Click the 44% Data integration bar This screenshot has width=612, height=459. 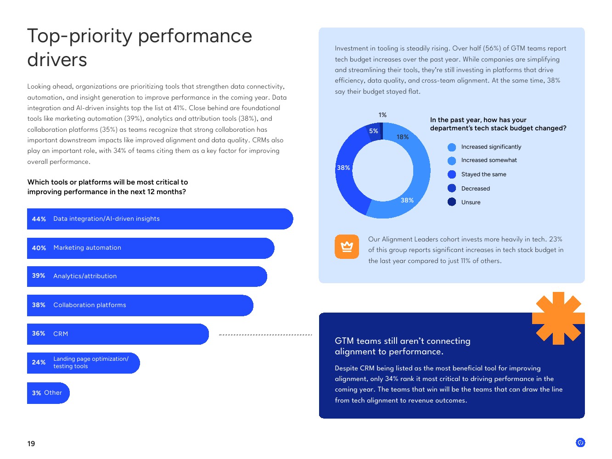click(x=160, y=219)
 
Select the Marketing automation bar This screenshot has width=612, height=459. click(x=151, y=248)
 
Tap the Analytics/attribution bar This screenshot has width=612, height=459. click(x=147, y=276)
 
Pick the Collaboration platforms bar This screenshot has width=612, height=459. click(x=140, y=305)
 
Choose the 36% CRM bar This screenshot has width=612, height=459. click(x=118, y=334)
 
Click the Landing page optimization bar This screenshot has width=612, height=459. click(x=84, y=363)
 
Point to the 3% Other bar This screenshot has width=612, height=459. click(x=48, y=393)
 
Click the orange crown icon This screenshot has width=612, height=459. click(x=347, y=246)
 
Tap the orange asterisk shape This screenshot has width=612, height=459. click(x=558, y=318)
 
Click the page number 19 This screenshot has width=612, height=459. click(x=31, y=443)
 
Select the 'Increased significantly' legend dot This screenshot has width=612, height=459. click(x=452, y=147)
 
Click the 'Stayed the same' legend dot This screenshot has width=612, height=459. click(x=452, y=174)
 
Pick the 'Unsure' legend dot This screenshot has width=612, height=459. click(x=452, y=202)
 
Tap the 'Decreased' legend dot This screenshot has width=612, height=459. click(x=452, y=188)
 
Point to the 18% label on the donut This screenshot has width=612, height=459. click(x=402, y=137)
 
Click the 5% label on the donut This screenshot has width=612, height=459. click(x=373, y=131)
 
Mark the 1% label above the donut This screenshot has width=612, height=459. click(x=382, y=115)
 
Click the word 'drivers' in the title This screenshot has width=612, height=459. click(x=57, y=60)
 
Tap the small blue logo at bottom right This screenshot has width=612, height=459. click(x=580, y=442)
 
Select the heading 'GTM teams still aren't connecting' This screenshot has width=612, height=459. click(x=402, y=341)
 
